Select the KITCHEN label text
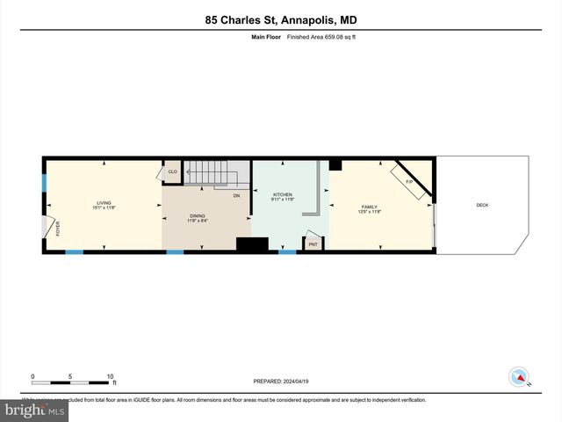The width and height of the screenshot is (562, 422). tap(282, 194)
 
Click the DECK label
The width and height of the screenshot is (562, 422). tap(482, 205)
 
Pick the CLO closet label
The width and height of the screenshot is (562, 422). tap(173, 172)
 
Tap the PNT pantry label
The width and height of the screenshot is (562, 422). tap(314, 244)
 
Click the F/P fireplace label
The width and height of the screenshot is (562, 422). tap(409, 180)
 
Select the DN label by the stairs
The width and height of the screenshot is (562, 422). tap(236, 195)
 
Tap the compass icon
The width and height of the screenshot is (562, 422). tap(519, 377)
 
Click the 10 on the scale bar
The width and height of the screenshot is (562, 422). tap(111, 376)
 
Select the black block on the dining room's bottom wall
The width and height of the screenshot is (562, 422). tap(252, 245)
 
